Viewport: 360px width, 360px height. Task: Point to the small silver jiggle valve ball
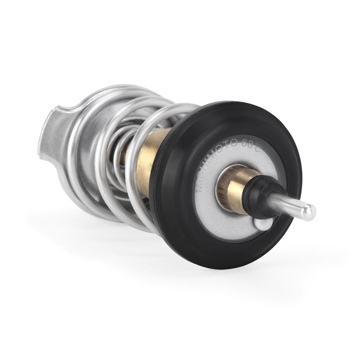[x=261, y=223]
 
